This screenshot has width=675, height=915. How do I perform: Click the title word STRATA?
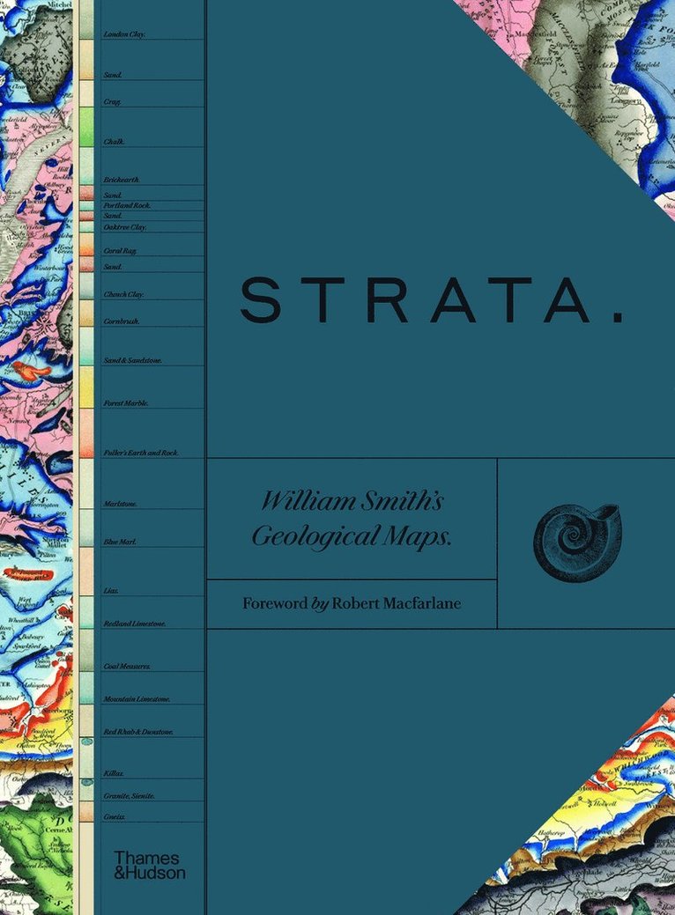tap(414, 299)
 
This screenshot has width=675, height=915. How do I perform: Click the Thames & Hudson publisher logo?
tap(149, 864)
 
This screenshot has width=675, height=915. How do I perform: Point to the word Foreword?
tap(274, 603)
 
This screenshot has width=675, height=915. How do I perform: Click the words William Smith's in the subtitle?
tap(352, 502)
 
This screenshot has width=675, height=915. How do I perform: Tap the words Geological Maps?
tap(352, 536)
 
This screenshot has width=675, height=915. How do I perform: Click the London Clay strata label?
tap(124, 34)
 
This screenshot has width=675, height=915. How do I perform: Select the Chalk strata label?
tap(114, 141)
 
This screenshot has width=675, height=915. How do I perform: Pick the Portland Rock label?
tap(127, 205)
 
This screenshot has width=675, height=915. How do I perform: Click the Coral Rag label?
tap(119, 251)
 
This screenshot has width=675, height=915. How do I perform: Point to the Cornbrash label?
tap(121, 321)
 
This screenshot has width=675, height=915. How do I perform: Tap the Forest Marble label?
tap(125, 402)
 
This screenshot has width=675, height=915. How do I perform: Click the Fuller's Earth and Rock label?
tap(140, 452)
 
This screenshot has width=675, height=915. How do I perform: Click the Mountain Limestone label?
tap(136, 698)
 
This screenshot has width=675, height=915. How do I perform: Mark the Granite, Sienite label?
tap(129, 795)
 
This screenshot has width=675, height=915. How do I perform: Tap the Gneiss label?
tap(114, 816)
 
